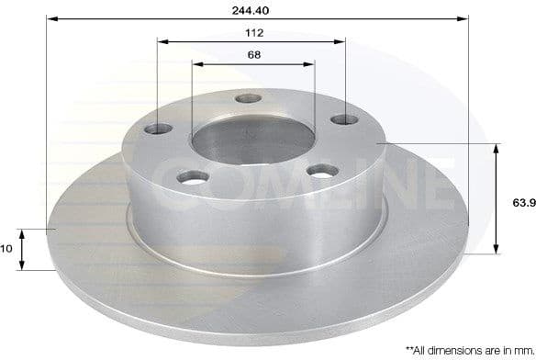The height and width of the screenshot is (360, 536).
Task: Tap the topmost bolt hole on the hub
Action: pyautogui.click(x=246, y=99)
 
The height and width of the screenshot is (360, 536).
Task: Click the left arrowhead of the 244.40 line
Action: pyautogui.click(x=50, y=18)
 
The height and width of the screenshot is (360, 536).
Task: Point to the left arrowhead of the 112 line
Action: pyautogui.click(x=162, y=41)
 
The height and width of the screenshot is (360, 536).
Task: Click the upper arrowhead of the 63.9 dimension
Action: pyautogui.click(x=497, y=147)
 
